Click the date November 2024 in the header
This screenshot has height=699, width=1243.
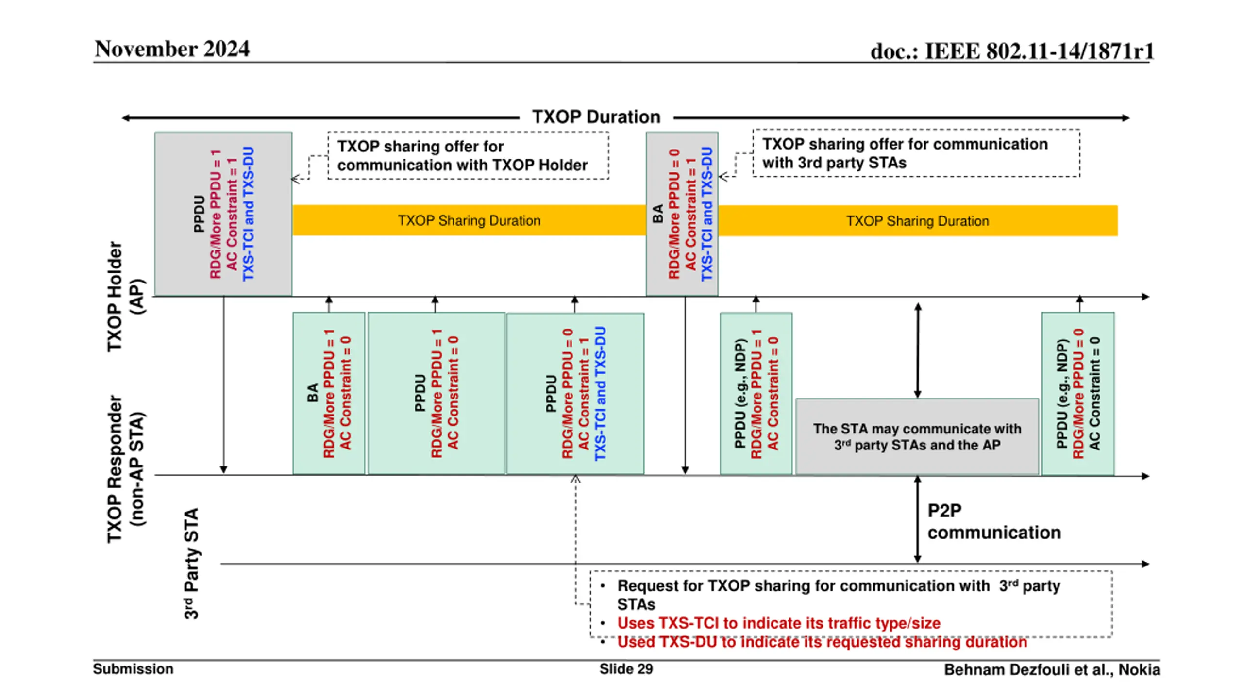(x=172, y=49)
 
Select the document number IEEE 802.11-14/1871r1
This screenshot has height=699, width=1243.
(x=1039, y=51)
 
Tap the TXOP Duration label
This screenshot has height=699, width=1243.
(x=596, y=117)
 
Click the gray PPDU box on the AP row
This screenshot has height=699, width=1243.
(x=223, y=214)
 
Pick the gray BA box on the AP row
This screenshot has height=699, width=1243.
(x=682, y=214)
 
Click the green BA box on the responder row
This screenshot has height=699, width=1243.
(x=329, y=393)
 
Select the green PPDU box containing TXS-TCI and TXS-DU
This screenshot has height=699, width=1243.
(x=575, y=393)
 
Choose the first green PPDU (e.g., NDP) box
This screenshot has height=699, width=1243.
(x=756, y=393)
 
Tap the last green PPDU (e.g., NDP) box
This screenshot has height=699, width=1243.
(x=1078, y=393)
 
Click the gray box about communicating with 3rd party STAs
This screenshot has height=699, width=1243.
(x=917, y=436)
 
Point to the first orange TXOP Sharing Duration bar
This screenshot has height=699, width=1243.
(x=469, y=220)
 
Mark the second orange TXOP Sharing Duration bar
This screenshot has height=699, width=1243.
(x=918, y=221)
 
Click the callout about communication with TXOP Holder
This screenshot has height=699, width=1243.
(x=468, y=155)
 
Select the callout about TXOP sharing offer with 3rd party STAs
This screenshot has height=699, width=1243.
(x=916, y=153)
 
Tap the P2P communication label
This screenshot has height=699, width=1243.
(x=994, y=521)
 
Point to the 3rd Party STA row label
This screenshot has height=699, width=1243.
(x=191, y=564)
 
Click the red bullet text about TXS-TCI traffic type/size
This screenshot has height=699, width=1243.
(x=779, y=623)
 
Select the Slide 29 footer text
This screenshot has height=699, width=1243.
(x=626, y=669)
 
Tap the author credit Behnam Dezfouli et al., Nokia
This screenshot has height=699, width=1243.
(x=1052, y=670)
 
